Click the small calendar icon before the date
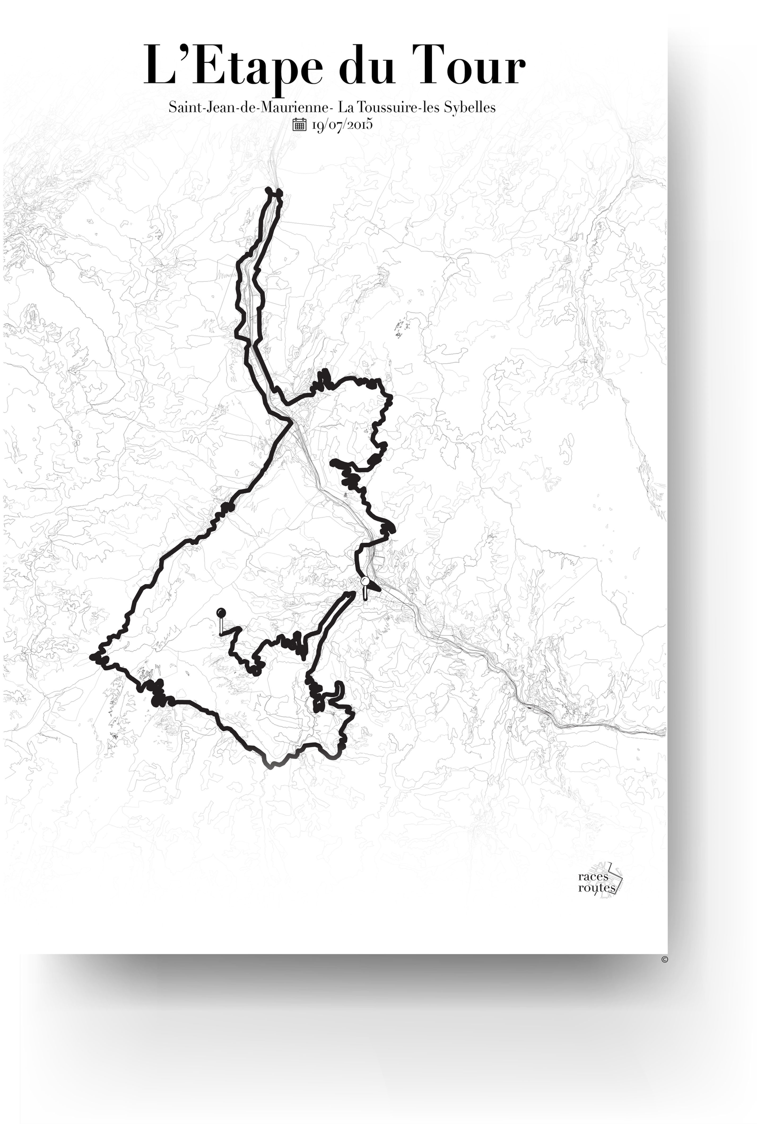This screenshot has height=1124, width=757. tap(299, 125)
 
